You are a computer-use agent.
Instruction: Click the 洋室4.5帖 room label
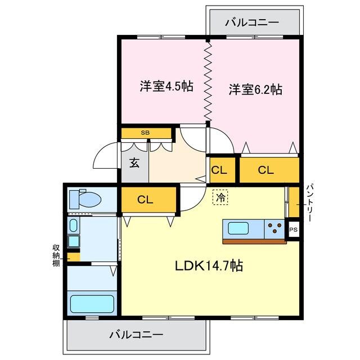point(166,87)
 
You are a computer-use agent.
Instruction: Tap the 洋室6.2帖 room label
point(255,89)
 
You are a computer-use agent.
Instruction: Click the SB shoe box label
point(145,133)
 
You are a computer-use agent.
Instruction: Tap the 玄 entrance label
point(134,163)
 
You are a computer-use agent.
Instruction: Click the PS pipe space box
point(292,230)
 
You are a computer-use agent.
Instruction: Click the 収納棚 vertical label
point(56,255)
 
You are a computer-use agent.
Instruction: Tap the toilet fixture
point(84,199)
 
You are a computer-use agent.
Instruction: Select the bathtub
point(92,304)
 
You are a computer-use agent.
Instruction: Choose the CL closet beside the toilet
point(145,199)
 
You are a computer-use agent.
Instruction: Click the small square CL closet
point(219,169)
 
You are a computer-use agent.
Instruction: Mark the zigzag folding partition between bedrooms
point(207,82)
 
